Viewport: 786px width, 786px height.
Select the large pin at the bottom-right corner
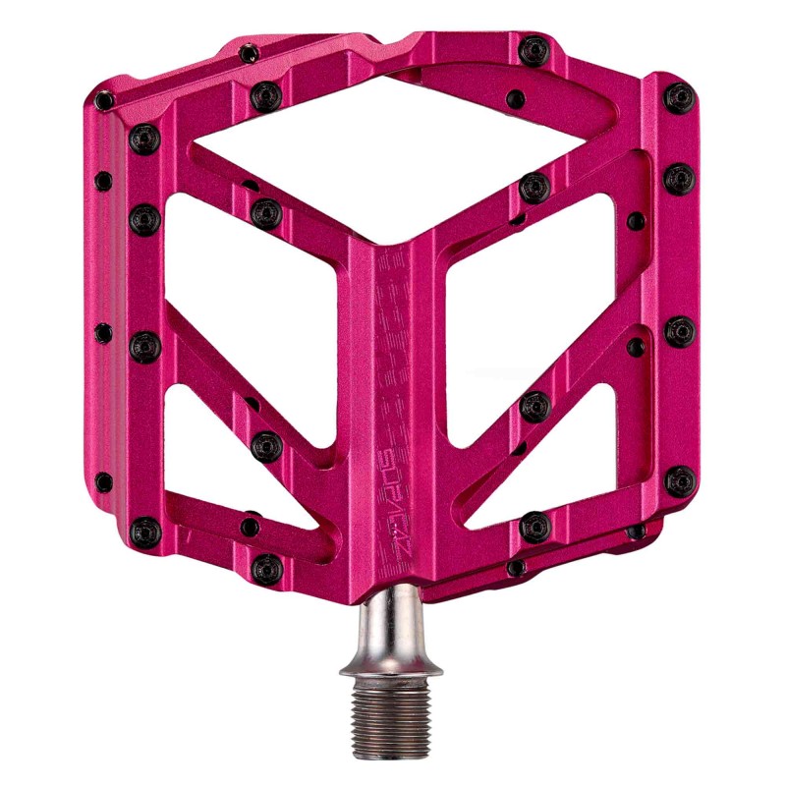click(x=680, y=480)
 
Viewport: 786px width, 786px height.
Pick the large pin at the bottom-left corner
click(x=144, y=532)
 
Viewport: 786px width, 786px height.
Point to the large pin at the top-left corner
click(x=144, y=139)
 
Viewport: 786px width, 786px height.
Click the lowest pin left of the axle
click(x=266, y=567)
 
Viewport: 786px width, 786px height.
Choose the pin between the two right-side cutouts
click(x=535, y=405)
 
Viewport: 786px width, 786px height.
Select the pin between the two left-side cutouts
click(x=266, y=447)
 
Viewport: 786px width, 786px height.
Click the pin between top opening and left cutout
click(x=266, y=212)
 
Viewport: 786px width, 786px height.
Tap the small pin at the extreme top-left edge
click(x=104, y=99)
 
